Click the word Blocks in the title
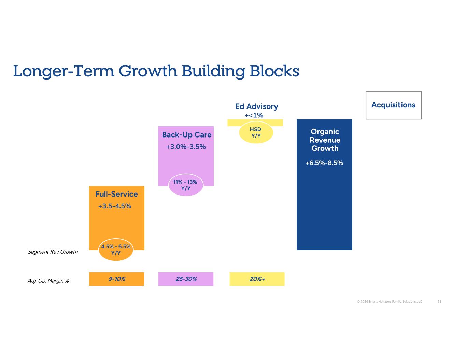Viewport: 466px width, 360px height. [x=274, y=71]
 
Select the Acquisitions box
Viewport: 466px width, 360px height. [x=394, y=105]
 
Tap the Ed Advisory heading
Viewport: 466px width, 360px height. [x=256, y=106]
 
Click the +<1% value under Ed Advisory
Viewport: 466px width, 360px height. [x=254, y=115]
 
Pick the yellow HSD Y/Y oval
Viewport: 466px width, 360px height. [x=256, y=132]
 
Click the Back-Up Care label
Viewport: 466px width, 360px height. [x=187, y=135]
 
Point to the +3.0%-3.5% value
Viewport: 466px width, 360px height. [x=186, y=147]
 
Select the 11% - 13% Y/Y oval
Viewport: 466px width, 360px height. [x=186, y=185]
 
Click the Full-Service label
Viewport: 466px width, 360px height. [x=117, y=194]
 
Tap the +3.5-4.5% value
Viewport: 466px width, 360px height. [x=115, y=206]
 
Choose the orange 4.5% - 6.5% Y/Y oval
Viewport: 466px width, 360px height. [x=116, y=250]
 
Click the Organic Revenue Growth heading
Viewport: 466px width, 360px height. [x=325, y=140]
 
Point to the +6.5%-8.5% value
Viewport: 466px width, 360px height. [x=324, y=163]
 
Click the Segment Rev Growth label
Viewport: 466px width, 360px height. [x=53, y=252]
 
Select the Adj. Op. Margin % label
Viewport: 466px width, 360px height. [x=48, y=281]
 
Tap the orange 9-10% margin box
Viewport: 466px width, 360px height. [x=117, y=279]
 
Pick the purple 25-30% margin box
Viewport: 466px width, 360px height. [x=186, y=279]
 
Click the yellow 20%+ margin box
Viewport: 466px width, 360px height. [x=257, y=279]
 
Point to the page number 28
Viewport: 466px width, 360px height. [x=439, y=302]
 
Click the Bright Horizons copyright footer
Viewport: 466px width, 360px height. [x=390, y=302]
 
